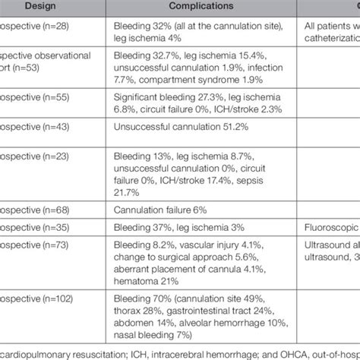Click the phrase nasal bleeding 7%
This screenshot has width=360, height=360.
pyautogui.click(x=152, y=335)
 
